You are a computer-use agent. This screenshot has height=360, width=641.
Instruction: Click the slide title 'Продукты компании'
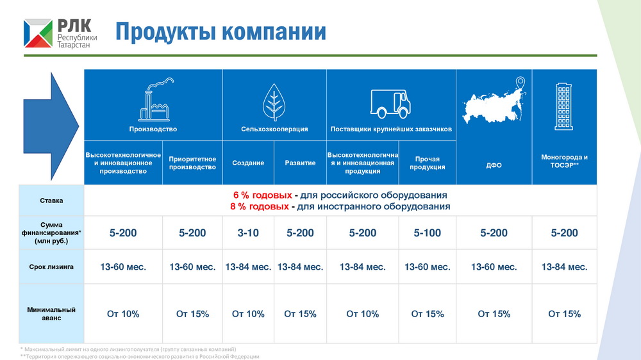click(x=221, y=32)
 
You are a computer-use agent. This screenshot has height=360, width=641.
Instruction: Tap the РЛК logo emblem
click(x=38, y=33)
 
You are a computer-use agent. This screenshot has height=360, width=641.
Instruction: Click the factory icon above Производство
click(x=156, y=99)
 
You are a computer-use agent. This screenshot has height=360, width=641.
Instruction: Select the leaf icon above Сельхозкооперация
click(x=274, y=102)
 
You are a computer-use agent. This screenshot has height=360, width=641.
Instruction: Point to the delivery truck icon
click(x=390, y=104)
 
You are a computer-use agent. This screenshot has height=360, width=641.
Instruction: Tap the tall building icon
click(x=563, y=106)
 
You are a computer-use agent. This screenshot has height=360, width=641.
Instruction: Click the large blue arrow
click(x=51, y=126)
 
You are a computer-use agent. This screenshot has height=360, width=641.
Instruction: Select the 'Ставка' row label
click(x=51, y=200)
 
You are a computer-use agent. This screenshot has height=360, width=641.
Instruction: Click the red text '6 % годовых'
click(x=262, y=195)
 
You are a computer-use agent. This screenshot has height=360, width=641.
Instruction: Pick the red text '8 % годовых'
click(x=259, y=206)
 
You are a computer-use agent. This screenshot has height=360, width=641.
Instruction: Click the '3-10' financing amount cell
click(x=248, y=233)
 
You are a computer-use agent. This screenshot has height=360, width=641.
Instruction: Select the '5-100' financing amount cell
click(x=427, y=233)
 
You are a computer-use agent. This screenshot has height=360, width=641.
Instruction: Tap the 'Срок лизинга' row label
click(x=51, y=267)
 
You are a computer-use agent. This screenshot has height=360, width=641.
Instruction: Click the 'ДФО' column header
click(x=494, y=165)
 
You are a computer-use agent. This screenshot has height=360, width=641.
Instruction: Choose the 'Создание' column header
click(x=248, y=163)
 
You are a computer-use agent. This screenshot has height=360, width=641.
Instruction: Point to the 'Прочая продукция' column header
click(x=427, y=163)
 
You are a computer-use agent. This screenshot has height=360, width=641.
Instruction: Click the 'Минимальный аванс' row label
click(x=51, y=313)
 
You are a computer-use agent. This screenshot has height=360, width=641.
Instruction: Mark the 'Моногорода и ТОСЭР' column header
click(x=564, y=161)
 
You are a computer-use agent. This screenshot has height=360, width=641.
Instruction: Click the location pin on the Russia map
click(x=520, y=83)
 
